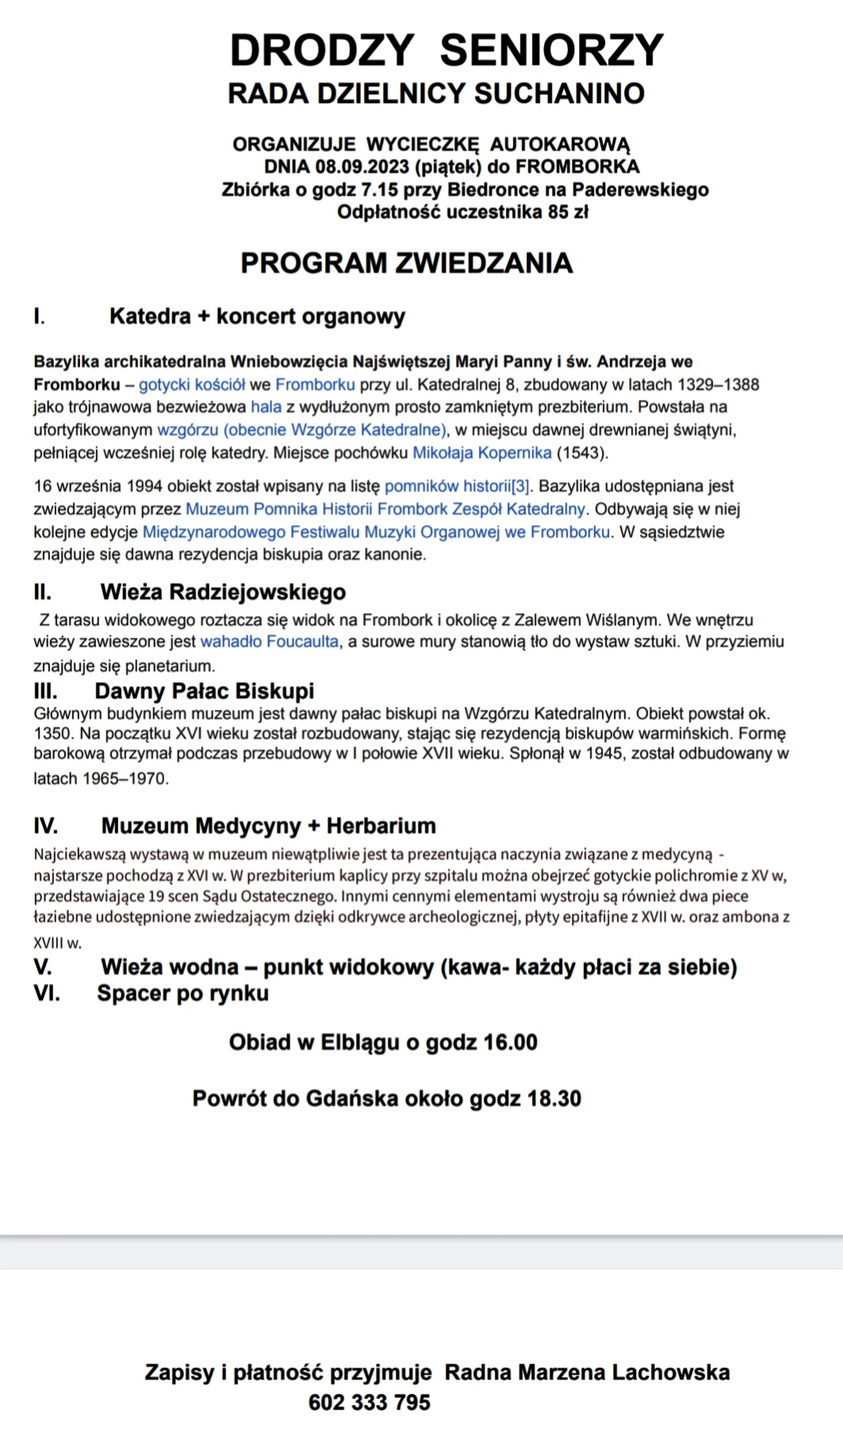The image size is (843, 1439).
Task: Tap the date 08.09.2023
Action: [x=362, y=167]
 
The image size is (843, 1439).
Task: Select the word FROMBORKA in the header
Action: [x=577, y=167]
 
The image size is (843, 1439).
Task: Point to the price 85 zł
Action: [x=568, y=212]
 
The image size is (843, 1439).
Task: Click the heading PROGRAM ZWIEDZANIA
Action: [x=406, y=263]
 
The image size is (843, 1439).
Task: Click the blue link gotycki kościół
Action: [x=192, y=385]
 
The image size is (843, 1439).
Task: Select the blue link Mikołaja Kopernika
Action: [x=482, y=453]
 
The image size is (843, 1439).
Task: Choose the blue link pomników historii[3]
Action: [x=458, y=486]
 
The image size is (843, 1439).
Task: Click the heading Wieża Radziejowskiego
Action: [x=223, y=592]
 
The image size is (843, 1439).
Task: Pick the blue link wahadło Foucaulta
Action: [x=270, y=641]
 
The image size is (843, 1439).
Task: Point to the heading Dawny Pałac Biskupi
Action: [x=204, y=691]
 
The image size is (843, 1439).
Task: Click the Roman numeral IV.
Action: [x=45, y=826]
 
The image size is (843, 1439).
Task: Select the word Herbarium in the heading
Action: [x=381, y=826]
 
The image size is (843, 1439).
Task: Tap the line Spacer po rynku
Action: [x=182, y=993]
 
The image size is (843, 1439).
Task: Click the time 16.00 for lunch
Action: [x=510, y=1042]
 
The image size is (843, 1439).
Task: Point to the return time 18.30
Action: [x=554, y=1099]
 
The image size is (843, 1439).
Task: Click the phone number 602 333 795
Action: [x=370, y=1403]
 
